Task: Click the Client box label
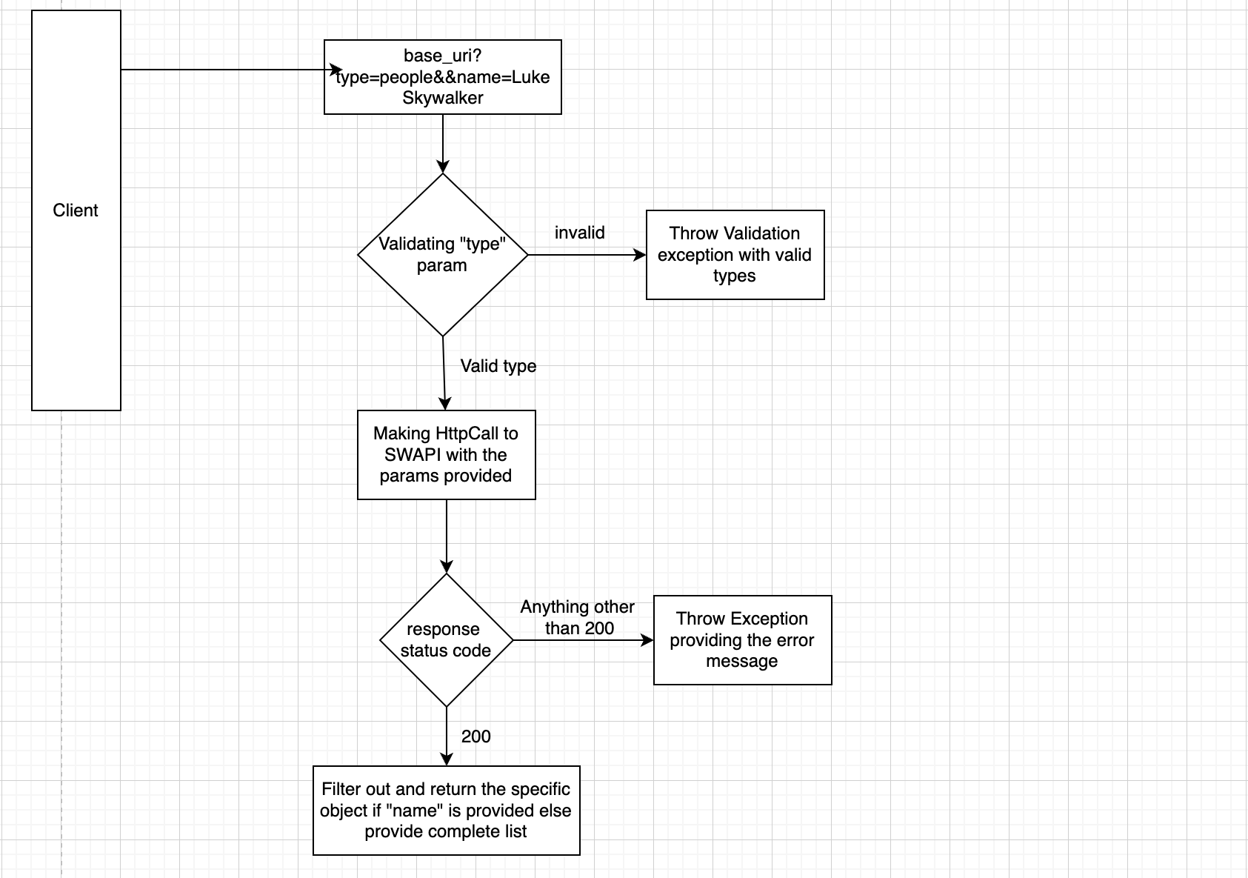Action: coord(76,210)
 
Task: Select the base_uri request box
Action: coord(442,77)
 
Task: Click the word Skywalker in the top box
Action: coord(442,99)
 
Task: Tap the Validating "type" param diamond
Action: coord(442,254)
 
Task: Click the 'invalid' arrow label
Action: coord(579,233)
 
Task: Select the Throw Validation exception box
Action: coord(735,255)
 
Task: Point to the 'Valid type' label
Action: coord(498,366)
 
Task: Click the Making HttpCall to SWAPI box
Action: coord(446,454)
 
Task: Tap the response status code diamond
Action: coord(446,639)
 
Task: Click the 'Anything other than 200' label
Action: coord(578,617)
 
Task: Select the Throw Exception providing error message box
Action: coord(742,639)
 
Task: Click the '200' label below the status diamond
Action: coord(475,736)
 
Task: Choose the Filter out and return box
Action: coord(446,810)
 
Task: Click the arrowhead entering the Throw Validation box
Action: coord(641,255)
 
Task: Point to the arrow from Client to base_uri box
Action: coord(222,70)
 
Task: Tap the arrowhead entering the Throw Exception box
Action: coord(648,640)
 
